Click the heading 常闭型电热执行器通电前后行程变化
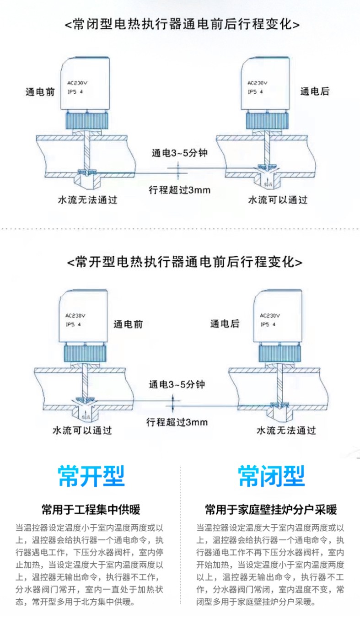180,24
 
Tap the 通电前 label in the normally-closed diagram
40,91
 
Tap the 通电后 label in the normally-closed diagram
315,91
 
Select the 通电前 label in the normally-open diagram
128,324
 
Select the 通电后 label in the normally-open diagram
225,324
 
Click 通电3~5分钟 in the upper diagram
180,153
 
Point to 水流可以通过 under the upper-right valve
277,200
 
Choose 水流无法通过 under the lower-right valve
286,431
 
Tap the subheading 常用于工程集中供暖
91,510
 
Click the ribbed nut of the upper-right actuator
268,122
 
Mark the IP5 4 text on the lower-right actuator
268,324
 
